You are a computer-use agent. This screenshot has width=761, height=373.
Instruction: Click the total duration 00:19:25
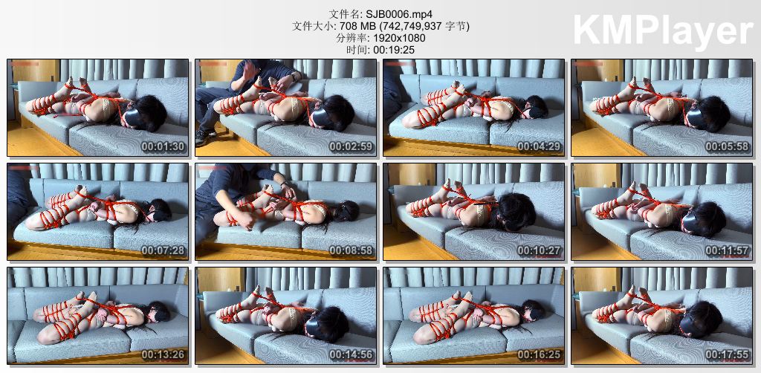pyautogui.click(x=394, y=50)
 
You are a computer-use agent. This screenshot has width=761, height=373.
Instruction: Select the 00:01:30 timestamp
pyautogui.click(x=163, y=147)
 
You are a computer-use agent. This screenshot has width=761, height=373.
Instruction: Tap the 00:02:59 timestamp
pyautogui.click(x=352, y=147)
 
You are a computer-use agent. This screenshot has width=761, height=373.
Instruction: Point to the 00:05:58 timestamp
pyautogui.click(x=727, y=147)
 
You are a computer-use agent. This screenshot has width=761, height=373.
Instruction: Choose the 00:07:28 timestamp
pyautogui.click(x=163, y=250)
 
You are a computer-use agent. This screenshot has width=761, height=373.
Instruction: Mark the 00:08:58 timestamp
pyautogui.click(x=352, y=250)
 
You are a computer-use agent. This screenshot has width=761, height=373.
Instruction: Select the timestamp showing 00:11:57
pyautogui.click(x=727, y=250)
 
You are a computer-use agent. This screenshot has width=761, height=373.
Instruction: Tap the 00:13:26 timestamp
pyautogui.click(x=163, y=355)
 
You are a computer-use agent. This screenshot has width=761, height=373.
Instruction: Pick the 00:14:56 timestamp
pyautogui.click(x=352, y=355)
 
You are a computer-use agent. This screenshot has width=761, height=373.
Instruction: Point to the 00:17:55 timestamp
pyautogui.click(x=727, y=355)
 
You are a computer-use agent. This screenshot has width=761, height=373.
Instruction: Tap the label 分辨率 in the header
pyautogui.click(x=348, y=38)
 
